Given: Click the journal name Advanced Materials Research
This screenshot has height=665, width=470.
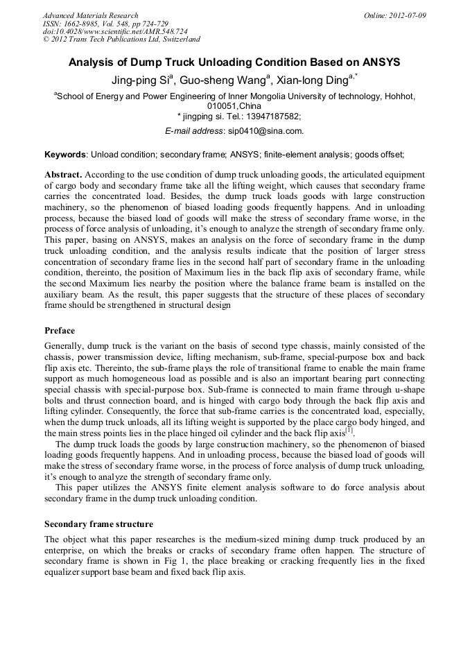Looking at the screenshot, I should pyautogui.click(x=90, y=15).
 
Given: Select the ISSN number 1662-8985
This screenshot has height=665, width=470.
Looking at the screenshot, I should pyautogui.click(x=86, y=24).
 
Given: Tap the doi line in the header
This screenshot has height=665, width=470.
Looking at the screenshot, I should pyautogui.click(x=115, y=32).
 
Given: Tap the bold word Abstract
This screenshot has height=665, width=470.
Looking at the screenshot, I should pyautogui.click(x=63, y=175).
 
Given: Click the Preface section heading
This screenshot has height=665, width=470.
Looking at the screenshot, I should pyautogui.click(x=60, y=330).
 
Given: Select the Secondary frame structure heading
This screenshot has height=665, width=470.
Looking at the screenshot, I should pyautogui.click(x=98, y=524).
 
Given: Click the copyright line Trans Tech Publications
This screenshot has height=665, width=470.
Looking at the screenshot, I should pyautogui.click(x=121, y=40).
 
